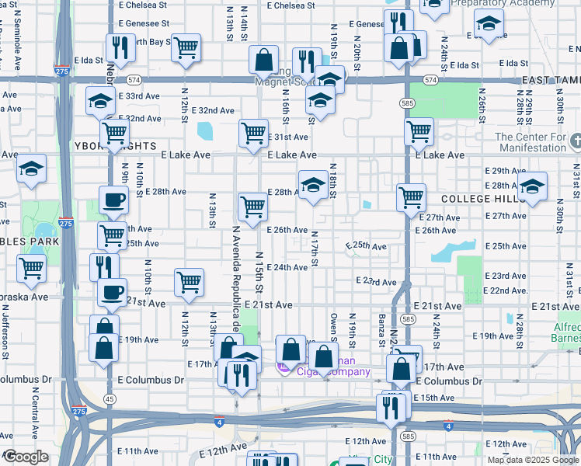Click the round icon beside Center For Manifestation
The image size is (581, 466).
[576, 141]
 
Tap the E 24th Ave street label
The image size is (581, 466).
[287, 267]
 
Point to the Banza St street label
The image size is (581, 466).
[382, 331]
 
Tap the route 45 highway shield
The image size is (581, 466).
[110, 398]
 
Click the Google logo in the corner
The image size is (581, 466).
[25, 457]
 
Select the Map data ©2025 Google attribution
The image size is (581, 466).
[533, 460]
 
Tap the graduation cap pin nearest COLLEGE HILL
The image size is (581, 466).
[532, 186]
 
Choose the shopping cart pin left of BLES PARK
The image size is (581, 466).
[31, 268]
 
